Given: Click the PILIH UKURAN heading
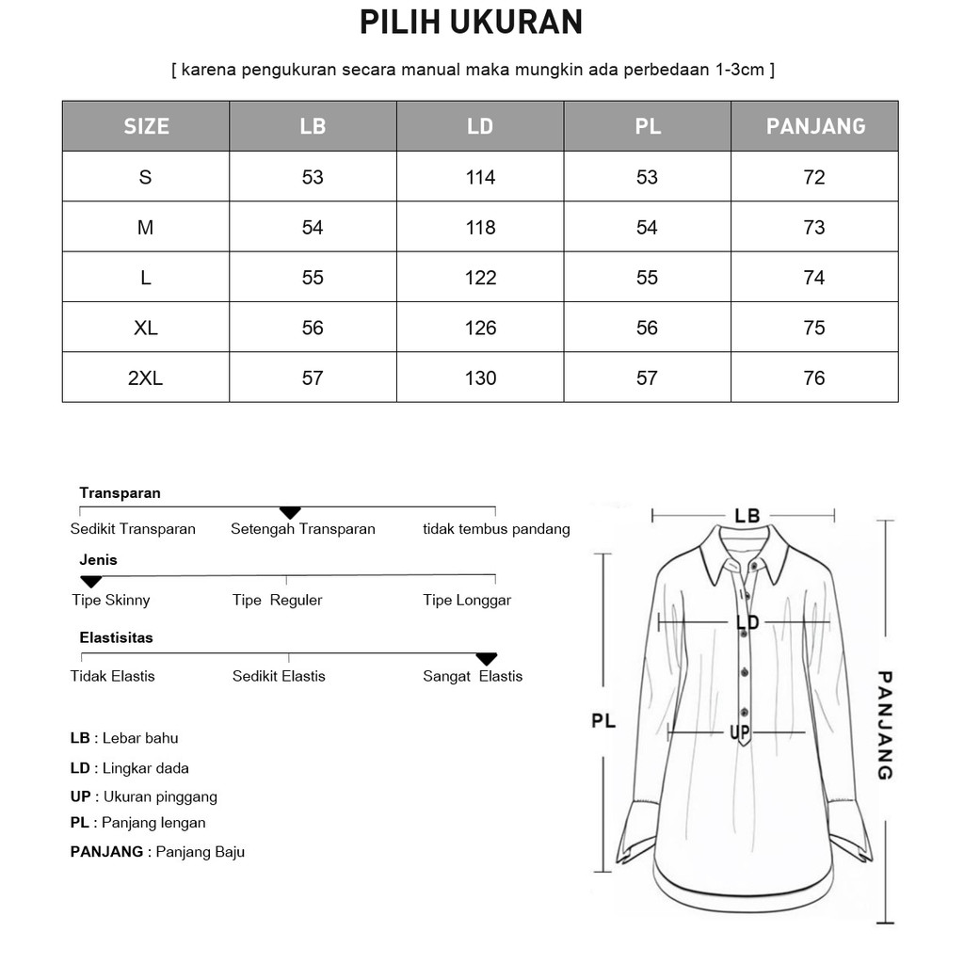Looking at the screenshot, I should click(472, 23).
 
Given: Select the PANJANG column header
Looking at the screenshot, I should click(815, 126).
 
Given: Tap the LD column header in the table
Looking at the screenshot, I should click(480, 126).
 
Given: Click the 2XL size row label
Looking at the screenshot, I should click(145, 378).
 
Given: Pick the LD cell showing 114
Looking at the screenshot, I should click(480, 178).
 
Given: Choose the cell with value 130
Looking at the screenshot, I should click(480, 378).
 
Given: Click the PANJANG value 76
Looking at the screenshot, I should click(814, 378).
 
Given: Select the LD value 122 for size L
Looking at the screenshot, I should click(480, 278).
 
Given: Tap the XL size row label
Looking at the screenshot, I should click(145, 329).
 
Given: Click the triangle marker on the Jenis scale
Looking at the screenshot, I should click(90, 582).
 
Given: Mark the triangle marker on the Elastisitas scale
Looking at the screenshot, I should click(486, 659).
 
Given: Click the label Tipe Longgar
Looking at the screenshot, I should click(467, 601).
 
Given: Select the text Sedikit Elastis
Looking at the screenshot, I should click(279, 676).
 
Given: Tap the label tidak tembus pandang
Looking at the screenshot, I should click(496, 529).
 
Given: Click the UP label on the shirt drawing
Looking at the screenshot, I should click(739, 732).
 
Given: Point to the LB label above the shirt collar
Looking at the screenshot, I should click(747, 516).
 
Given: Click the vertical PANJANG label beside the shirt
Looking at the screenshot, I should click(885, 725).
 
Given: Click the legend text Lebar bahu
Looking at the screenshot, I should click(140, 738).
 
